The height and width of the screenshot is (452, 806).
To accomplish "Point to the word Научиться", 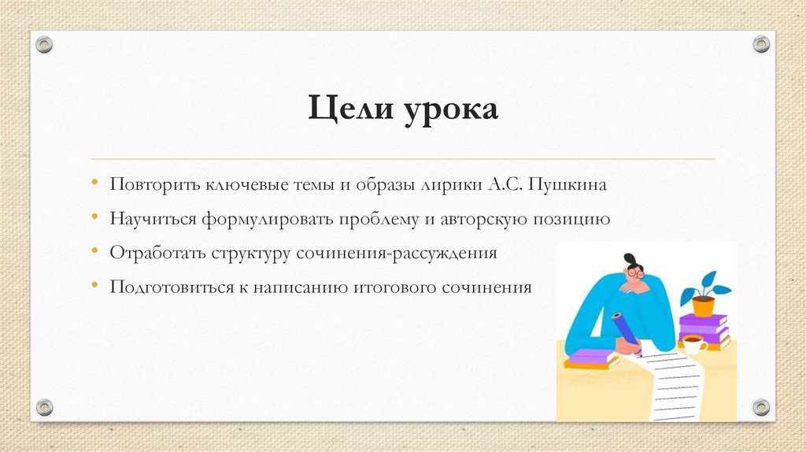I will [153, 219].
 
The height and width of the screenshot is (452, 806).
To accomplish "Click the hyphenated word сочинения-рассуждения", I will [397, 254].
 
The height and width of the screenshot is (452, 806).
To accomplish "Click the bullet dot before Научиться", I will [95, 216].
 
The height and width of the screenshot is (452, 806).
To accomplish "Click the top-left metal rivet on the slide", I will [44, 44].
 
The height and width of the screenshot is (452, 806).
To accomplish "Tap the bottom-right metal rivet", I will [761, 407].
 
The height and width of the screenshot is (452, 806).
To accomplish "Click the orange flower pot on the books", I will [702, 305].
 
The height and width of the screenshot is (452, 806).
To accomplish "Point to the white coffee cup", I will [693, 344].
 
